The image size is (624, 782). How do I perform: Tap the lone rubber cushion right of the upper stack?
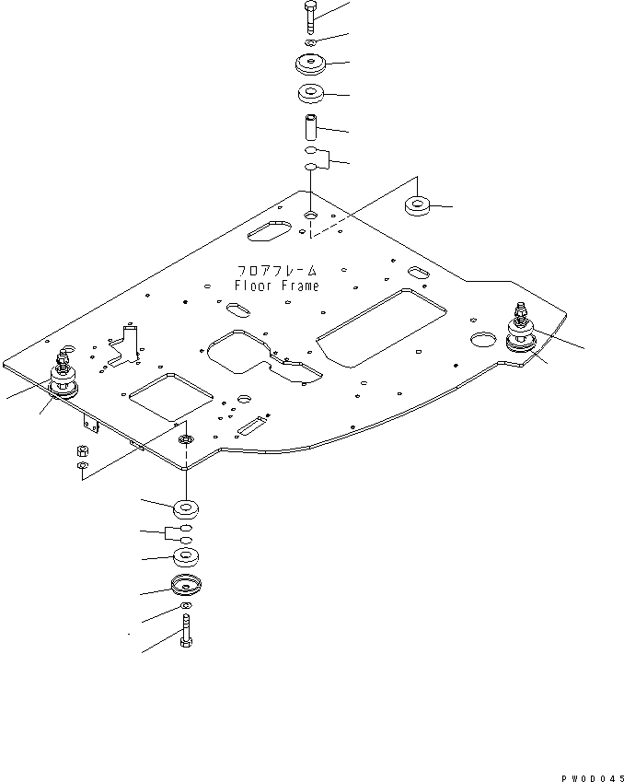(x=419, y=205)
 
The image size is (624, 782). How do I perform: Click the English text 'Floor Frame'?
(x=277, y=286)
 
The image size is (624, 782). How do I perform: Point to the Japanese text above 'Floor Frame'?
(x=277, y=272)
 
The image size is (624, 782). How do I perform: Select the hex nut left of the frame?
(x=81, y=452)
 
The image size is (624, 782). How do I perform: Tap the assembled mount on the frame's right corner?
(x=522, y=335)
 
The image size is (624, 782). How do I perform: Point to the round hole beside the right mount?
(x=482, y=341)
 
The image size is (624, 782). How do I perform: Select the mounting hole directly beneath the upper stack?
(x=310, y=215)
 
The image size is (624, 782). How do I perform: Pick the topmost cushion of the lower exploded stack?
(x=187, y=508)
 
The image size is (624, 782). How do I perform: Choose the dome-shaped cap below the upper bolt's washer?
(x=310, y=65)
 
